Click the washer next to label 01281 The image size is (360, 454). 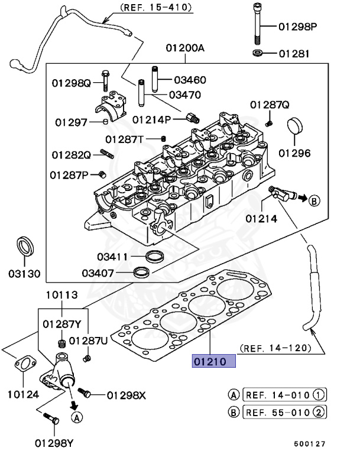point(258,54)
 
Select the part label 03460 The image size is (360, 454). point(189,79)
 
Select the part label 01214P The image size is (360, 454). point(151,119)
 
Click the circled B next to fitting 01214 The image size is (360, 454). point(313,200)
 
